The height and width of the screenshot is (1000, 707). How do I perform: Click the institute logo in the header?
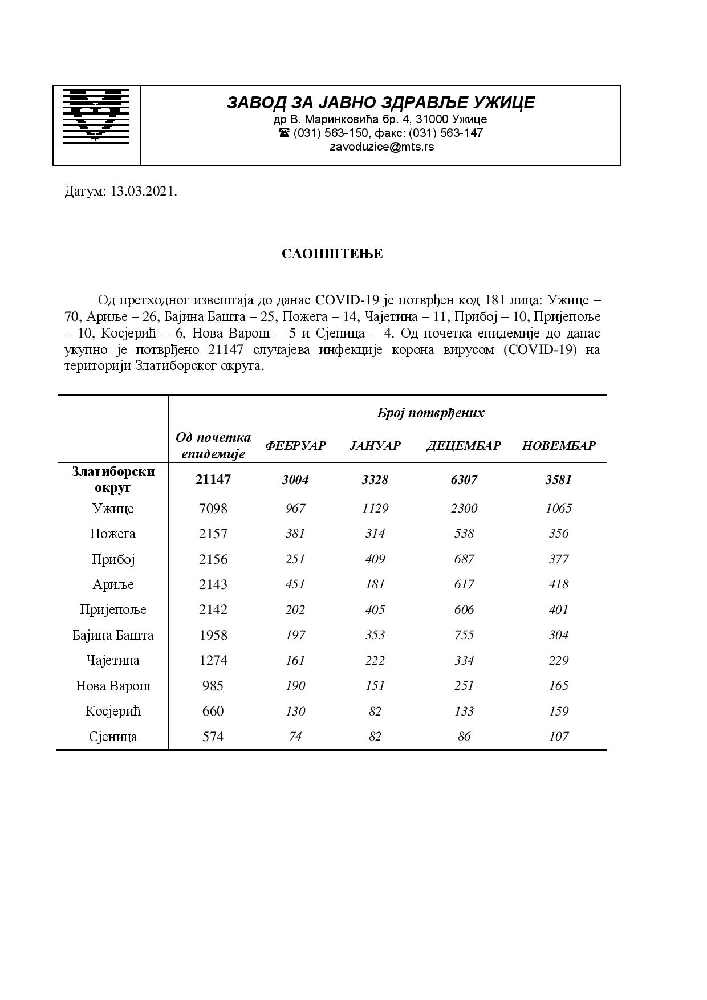[96, 115]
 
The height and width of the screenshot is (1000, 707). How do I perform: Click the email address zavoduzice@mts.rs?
[381, 147]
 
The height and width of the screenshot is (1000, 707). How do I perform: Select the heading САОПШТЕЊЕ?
[332, 254]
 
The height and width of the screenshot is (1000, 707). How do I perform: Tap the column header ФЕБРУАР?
[295, 446]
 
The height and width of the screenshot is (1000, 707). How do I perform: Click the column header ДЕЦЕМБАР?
[463, 446]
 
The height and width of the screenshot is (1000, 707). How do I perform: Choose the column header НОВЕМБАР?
[558, 446]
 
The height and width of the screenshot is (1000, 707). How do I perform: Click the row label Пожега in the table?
[113, 534]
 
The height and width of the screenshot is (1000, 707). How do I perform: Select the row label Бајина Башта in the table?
[113, 635]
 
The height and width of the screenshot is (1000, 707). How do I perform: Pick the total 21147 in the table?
[213, 479]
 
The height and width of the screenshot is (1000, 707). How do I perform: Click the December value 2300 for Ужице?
[464, 509]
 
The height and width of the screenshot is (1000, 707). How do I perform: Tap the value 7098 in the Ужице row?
[213, 509]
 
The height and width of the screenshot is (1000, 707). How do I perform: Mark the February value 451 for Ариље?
[295, 584]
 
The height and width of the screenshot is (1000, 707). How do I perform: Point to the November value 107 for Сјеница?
[558, 737]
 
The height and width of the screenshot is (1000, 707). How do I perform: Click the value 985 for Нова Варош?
[213, 686]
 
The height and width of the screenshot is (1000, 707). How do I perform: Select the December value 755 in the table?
[464, 635]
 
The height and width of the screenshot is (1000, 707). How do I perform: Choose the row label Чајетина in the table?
[113, 661]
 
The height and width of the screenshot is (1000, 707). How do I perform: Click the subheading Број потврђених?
[430, 413]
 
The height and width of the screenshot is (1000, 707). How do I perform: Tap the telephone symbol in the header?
[284, 133]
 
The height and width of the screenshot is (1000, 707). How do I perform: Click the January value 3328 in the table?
[375, 480]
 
